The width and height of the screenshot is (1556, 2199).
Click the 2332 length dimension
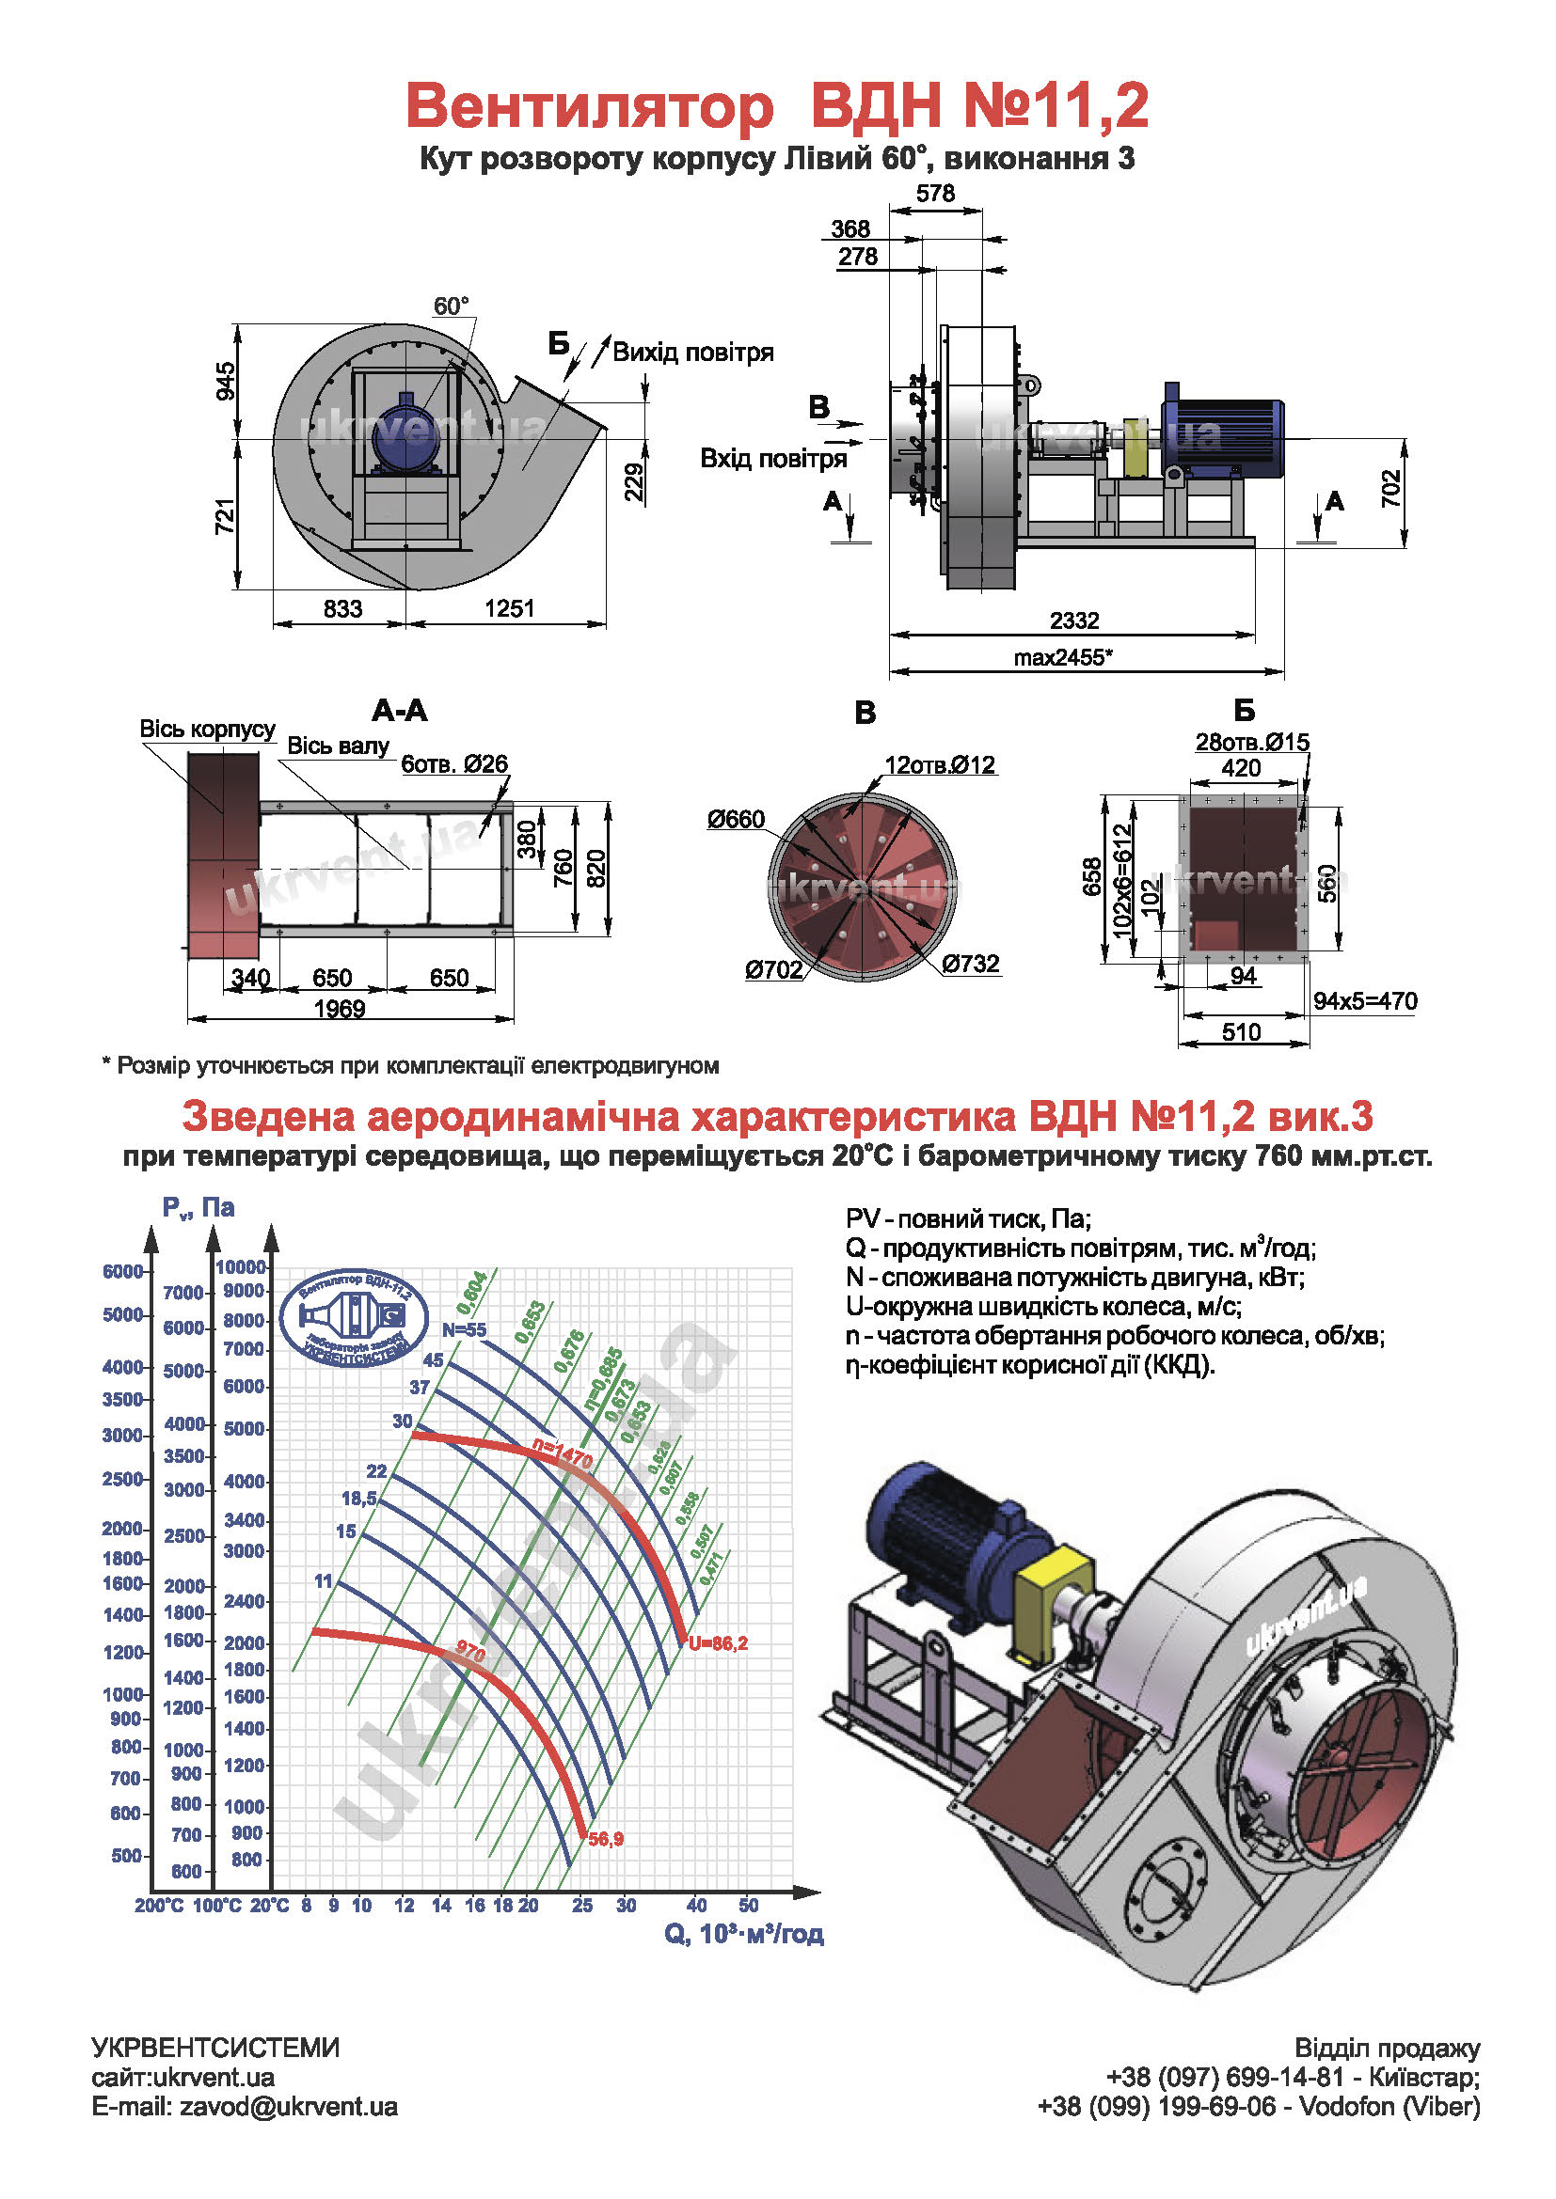click(x=1073, y=620)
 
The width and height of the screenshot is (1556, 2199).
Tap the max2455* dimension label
click(x=1062, y=657)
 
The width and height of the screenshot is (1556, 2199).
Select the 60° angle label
click(x=452, y=306)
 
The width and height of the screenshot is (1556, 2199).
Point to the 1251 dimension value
click(x=509, y=608)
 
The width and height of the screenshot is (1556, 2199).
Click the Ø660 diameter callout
click(x=736, y=819)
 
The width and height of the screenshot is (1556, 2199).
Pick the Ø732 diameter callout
click(x=971, y=964)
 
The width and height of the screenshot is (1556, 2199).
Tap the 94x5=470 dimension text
click(x=1364, y=1001)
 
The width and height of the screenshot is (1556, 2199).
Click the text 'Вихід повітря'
click(x=692, y=353)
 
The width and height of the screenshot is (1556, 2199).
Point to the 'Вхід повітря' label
click(x=773, y=459)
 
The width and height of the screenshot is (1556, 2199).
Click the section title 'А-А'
click(x=400, y=711)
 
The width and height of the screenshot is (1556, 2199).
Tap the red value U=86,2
click(x=718, y=1643)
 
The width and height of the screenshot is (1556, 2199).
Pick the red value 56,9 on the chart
click(x=606, y=1839)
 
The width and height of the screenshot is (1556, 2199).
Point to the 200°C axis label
click(x=158, y=1906)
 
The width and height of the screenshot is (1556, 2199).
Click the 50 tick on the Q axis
click(x=748, y=1906)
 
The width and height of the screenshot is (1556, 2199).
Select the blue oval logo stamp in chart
click(x=354, y=1319)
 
